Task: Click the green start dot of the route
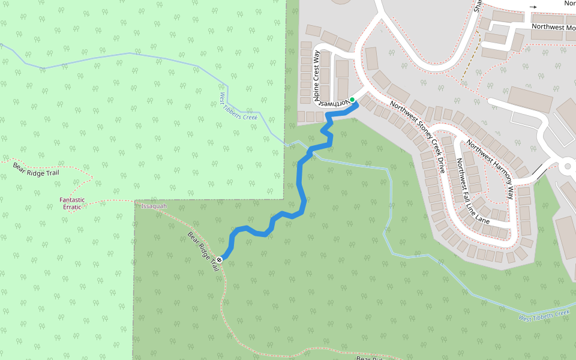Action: point(352,100)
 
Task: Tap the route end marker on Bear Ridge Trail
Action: point(220,259)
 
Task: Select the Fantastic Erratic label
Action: point(72,203)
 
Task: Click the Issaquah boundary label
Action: point(154,206)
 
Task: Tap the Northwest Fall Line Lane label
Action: point(473,191)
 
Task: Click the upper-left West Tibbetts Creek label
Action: point(238,106)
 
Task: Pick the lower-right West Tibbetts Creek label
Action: point(544,315)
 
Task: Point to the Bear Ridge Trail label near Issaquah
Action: point(203,250)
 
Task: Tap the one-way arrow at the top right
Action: point(533,7)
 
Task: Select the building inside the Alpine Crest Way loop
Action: point(342,69)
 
